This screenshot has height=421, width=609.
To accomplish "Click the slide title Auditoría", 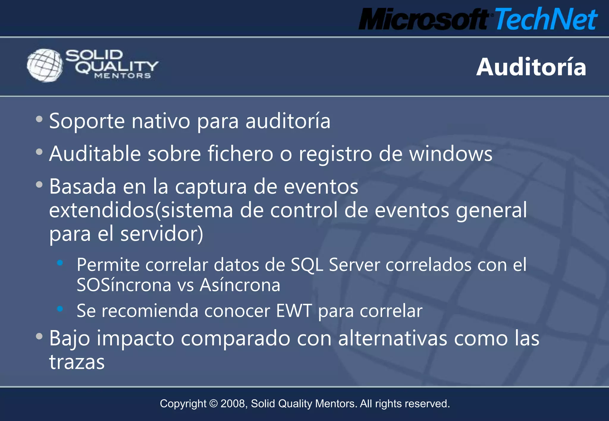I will point(531,67).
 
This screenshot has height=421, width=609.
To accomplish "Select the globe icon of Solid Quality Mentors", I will point(45,65).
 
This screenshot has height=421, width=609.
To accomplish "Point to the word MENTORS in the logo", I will point(123,76).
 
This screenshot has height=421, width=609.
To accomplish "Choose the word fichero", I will point(240,154).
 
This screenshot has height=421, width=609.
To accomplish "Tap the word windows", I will point(451,154).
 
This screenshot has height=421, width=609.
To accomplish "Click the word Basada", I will point(83,187).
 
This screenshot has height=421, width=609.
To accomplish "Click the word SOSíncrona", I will point(124,285).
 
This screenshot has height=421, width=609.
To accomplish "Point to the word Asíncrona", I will point(240,285).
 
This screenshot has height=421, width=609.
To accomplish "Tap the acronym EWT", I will point(294,311).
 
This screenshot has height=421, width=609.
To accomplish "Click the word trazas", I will point(77,362).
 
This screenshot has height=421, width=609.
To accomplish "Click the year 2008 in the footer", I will point(233,404).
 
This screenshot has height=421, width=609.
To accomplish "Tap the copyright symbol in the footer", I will point(213,404).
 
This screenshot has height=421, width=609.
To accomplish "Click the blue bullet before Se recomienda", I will point(60,309).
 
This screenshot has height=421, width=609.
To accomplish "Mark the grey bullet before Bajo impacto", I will point(39,336).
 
